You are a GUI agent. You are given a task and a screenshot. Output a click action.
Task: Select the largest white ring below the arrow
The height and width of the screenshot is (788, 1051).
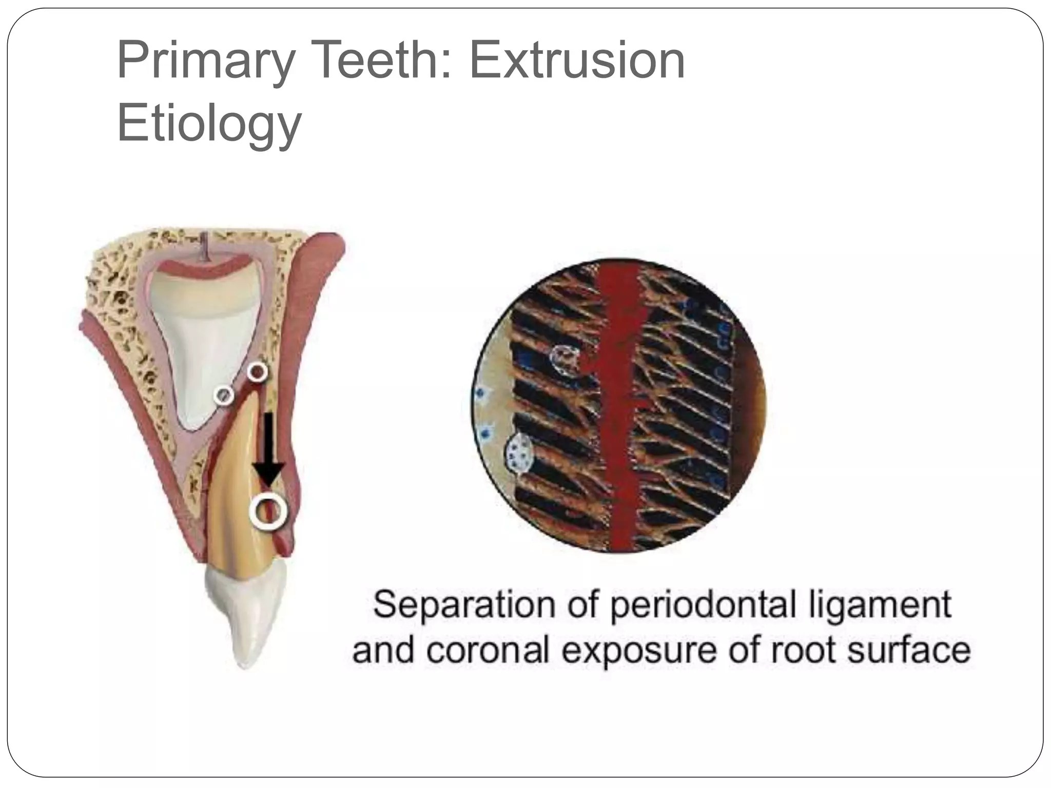point(266,511)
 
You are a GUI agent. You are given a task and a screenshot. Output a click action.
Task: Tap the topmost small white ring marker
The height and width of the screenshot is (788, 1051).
point(257,371)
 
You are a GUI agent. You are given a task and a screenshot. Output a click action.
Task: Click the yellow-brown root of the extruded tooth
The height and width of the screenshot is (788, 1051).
point(233,493)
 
